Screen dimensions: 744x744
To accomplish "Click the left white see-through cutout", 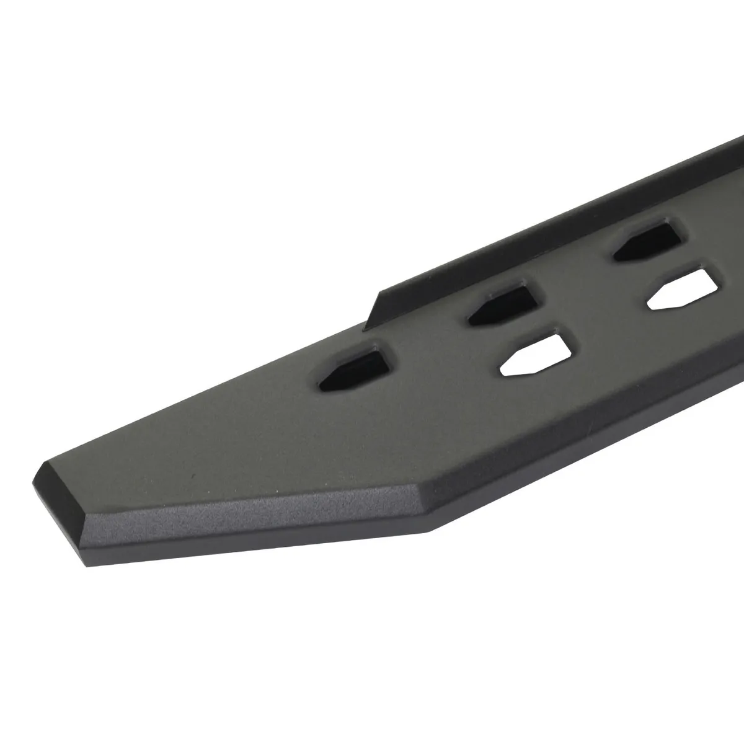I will (533, 356).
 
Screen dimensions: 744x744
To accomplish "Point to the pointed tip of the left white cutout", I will (501, 374).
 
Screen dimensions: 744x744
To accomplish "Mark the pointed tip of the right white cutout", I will (649, 304).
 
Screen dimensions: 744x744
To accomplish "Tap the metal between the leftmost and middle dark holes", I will (428, 338).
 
